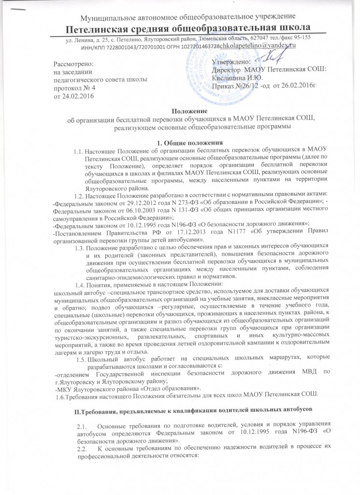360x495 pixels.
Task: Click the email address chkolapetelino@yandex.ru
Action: tap(258, 45)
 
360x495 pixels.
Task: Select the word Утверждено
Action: tap(231, 61)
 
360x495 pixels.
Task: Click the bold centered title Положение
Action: tap(180, 111)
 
